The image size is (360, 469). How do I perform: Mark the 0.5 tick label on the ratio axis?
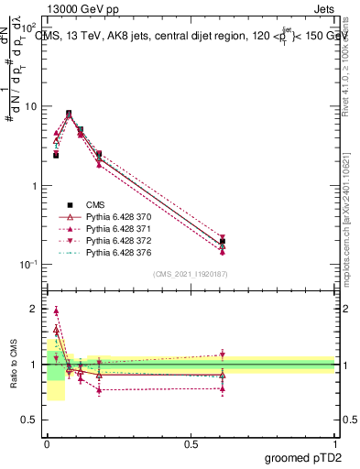click(x=29, y=420)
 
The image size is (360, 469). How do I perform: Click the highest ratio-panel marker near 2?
click(x=56, y=311)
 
